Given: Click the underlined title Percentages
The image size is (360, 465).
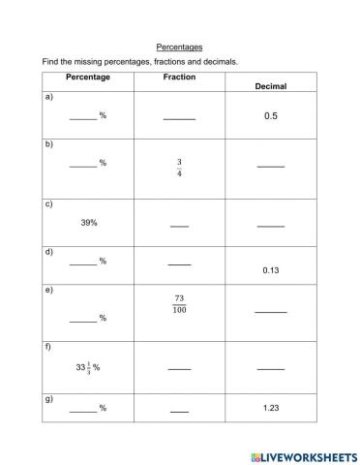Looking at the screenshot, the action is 179,46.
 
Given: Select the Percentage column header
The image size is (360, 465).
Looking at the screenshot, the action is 88,77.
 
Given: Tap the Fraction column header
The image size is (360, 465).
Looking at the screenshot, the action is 179,77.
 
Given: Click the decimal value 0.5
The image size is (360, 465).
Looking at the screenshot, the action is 271,116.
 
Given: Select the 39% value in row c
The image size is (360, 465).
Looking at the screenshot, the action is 89,222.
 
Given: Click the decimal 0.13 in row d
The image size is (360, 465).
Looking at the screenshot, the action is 271,270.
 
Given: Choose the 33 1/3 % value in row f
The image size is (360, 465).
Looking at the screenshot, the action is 88,367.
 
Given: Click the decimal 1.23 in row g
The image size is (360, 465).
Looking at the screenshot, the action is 271,408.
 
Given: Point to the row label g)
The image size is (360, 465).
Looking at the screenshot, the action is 48,398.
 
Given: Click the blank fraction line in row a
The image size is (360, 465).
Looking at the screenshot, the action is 179,118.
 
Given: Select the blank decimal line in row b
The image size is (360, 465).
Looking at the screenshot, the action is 271,167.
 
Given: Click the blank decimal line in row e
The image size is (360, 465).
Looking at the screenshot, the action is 271,312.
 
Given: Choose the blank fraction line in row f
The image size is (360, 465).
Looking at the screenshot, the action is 179,369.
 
